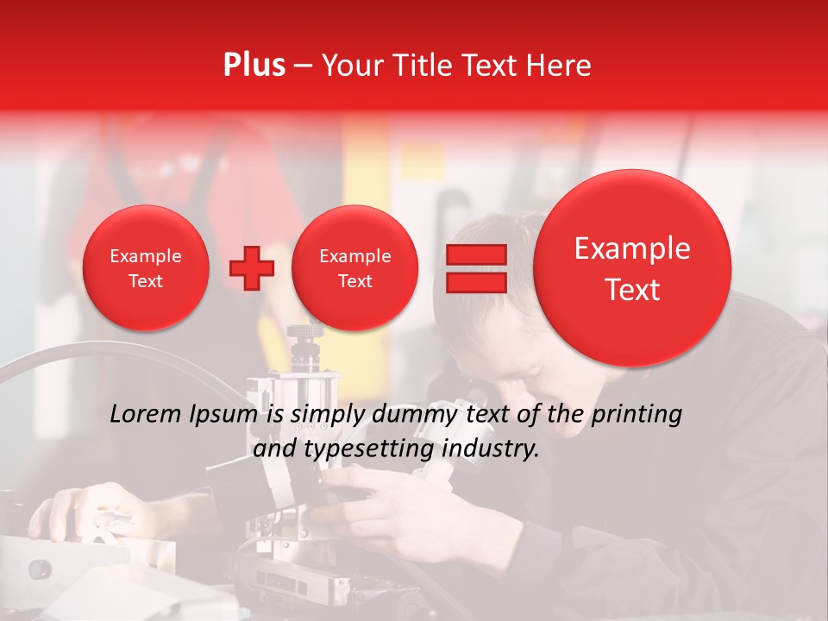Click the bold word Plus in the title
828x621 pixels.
click(254, 66)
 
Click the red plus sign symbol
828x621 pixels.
click(251, 268)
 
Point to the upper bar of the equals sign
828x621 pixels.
click(475, 254)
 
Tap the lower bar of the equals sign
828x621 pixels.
click(475, 282)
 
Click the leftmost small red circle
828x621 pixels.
click(146, 268)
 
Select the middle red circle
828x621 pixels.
click(354, 268)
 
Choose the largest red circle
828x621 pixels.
click(632, 268)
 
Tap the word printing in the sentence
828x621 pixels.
click(638, 415)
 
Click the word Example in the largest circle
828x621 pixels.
click(632, 249)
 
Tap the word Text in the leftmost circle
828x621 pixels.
click(146, 281)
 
